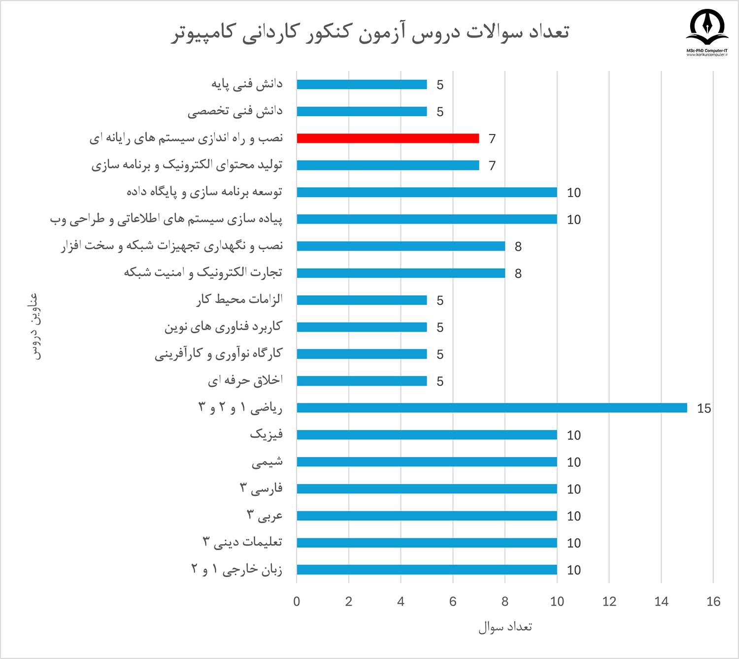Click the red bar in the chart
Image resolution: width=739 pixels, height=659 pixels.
pyautogui.click(x=388, y=138)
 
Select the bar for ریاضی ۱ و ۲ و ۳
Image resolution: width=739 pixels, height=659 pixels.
pyautogui.click(x=492, y=408)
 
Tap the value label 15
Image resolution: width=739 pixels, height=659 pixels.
pyautogui.click(x=704, y=408)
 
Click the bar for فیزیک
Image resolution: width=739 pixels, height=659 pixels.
pyautogui.click(x=427, y=435)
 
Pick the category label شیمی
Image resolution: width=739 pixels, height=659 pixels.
pyautogui.click(x=267, y=462)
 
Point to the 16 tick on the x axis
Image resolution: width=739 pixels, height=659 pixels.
pyautogui.click(x=713, y=601)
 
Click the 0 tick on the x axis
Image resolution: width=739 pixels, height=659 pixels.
pyautogui.click(x=297, y=601)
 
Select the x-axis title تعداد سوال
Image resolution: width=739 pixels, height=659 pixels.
pyautogui.click(x=505, y=627)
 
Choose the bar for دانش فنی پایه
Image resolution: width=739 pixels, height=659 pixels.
pyautogui.click(x=362, y=84)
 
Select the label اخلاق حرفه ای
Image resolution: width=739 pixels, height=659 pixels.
pyautogui.click(x=245, y=381)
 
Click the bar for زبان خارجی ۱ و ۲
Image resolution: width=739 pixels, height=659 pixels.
pyautogui.click(x=427, y=570)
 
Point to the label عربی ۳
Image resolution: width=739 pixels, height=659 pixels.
pyautogui.click(x=265, y=516)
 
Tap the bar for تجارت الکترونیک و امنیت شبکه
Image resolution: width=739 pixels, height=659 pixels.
pyautogui.click(x=401, y=273)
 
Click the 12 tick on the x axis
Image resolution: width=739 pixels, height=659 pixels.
pyautogui.click(x=609, y=601)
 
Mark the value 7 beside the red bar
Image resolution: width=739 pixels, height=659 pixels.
pyautogui.click(x=492, y=139)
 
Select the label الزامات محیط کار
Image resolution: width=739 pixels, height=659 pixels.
pyautogui.click(x=239, y=299)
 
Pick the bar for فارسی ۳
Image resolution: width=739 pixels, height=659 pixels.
pyautogui.click(x=427, y=489)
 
